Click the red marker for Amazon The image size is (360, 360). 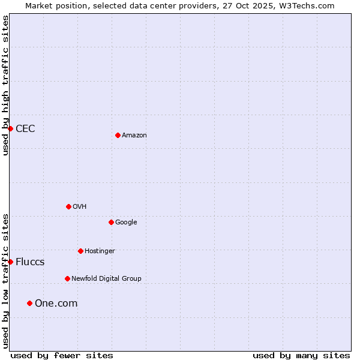tap(118, 135)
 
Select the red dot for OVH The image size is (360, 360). tap(68, 206)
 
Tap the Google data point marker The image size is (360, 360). tap(111, 222)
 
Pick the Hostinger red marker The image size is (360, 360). tap(80, 251)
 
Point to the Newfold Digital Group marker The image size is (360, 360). tap(67, 278)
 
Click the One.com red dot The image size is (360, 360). tap(29, 303)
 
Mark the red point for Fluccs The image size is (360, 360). tap(10, 262)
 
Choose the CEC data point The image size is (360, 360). tap(10, 128)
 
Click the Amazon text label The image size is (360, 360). tap(134, 135)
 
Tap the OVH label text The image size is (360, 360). tap(80, 206)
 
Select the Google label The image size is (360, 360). tap(126, 222)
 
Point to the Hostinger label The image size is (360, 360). tap(100, 251)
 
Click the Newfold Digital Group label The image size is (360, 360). tap(106, 278)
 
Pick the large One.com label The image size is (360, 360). tap(56, 303)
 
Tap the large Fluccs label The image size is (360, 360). tap(30, 262)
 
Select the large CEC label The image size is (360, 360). tap(25, 128)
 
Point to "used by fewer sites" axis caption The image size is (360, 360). tap(61, 355)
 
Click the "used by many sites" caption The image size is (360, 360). tap(301, 355)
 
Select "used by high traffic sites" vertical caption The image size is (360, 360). tap(5, 85)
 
